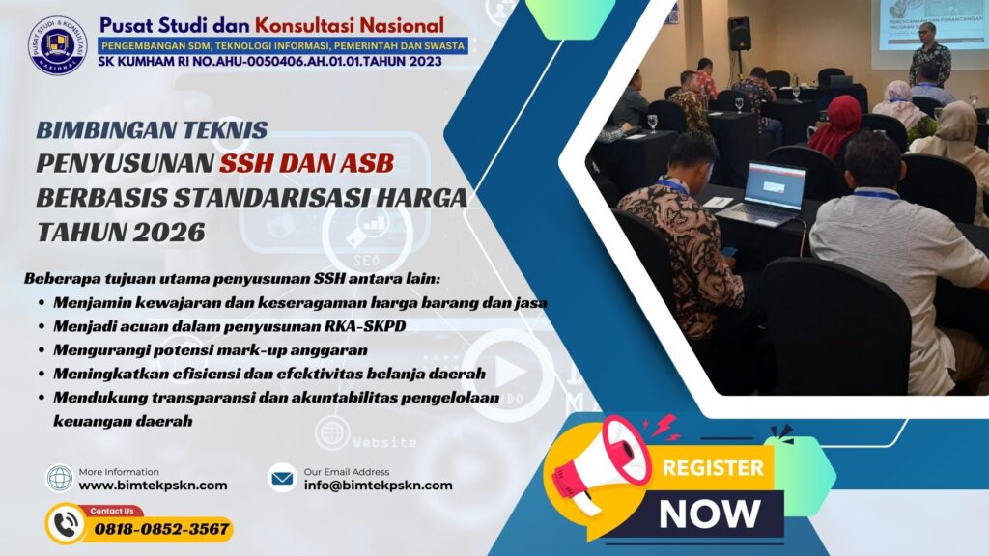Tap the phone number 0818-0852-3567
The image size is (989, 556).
coord(161,528)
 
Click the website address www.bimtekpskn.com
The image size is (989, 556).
coord(153,486)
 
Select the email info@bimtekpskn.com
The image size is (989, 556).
coord(378,486)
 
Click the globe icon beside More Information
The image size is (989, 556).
coord(60,478)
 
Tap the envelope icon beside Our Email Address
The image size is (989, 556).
coord(282,477)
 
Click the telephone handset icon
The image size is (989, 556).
coord(67,524)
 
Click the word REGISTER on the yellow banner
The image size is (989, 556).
coord(713,469)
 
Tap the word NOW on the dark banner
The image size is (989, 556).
coord(709,513)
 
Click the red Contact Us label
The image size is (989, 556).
coord(112,511)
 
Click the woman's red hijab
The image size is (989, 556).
coord(837,125)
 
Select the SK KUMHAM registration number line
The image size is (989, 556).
coord(270,62)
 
